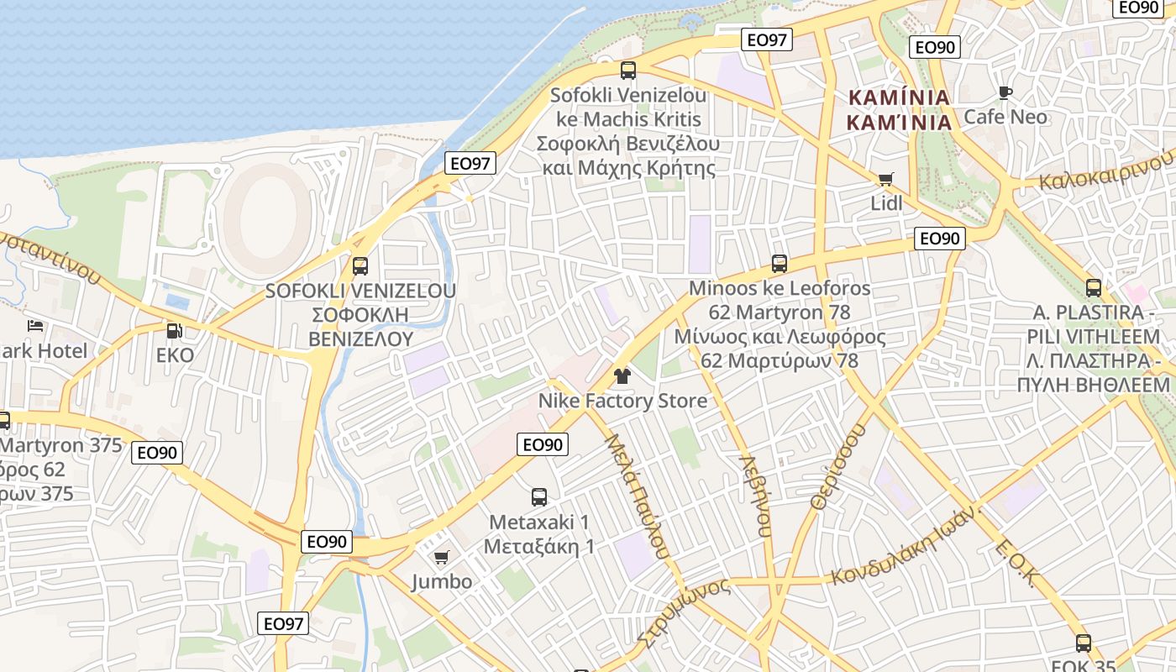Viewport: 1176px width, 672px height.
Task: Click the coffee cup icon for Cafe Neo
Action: [1005, 92]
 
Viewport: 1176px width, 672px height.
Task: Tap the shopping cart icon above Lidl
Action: [885, 179]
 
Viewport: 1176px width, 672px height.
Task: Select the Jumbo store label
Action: [441, 581]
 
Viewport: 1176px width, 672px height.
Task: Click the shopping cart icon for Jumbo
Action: [441, 557]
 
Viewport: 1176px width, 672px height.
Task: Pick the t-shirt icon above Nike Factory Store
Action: [622, 375]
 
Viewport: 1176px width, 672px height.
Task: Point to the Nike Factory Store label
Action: [622, 401]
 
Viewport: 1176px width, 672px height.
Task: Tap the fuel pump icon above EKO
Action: [174, 331]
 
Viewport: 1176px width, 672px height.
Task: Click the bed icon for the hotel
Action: [34, 326]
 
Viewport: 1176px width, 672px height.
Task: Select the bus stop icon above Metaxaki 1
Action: [539, 497]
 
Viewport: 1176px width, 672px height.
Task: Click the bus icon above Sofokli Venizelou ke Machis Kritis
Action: [627, 71]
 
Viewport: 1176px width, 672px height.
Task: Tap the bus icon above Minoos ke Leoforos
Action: [779, 264]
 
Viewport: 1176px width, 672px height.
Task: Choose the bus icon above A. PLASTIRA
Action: [1093, 288]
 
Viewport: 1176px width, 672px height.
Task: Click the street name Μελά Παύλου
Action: [638, 496]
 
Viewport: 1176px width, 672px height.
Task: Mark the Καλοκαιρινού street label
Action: [1105, 171]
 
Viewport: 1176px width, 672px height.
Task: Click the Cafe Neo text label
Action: [1005, 117]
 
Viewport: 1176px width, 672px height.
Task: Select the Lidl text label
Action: [886, 203]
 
